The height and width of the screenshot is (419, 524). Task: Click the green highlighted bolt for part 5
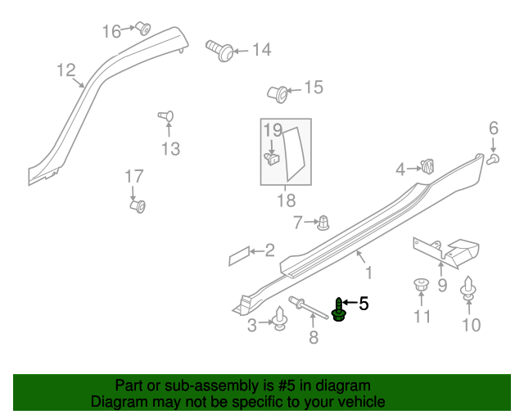339,309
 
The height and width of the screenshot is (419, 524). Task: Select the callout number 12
65,70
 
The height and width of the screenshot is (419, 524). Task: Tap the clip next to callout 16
144,29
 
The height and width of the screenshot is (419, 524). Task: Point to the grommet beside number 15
279,93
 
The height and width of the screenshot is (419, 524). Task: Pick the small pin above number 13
165,116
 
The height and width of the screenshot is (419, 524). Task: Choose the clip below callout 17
138,205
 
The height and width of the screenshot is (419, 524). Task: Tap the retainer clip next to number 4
427,167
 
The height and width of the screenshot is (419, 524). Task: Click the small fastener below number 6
495,158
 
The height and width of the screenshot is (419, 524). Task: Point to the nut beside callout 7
323,221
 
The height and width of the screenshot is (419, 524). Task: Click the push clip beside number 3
281,318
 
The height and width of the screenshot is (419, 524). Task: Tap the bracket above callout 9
446,250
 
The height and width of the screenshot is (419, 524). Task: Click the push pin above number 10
469,290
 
